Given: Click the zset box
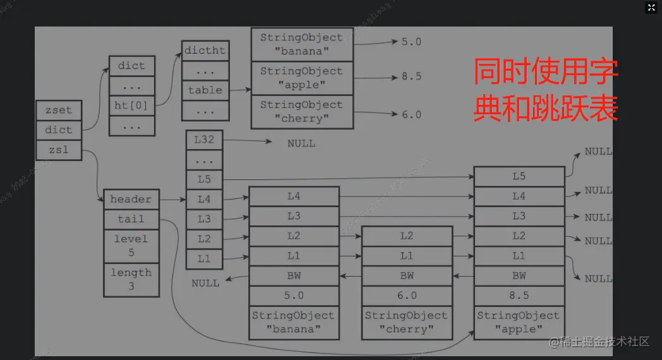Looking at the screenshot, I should pos(58,110).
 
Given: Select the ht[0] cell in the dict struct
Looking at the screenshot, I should pos(131,105).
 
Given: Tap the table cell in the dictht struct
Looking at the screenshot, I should pos(205,90).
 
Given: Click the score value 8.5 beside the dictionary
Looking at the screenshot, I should pos(411,76).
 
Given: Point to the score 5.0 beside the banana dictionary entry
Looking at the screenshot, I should pos(411,42).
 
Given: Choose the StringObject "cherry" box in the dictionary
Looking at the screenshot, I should pos(301,112).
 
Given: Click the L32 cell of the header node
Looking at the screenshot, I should pos(204,140).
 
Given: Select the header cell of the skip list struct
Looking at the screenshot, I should pos(131,200).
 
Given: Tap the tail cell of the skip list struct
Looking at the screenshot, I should pos(131,219).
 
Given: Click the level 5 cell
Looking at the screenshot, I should pos(131,246).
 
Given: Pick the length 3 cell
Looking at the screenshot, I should pos(131,279).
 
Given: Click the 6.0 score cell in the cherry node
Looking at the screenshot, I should pos(407,295).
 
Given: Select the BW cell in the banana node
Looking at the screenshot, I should pos(294,276).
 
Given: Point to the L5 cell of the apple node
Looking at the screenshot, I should pos(519,177).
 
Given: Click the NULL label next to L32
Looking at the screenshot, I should pos(301,143).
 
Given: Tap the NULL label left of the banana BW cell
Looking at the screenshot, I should pos(206,283).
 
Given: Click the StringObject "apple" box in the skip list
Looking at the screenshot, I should pos(519,322).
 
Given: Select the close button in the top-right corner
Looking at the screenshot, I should pos(651,8).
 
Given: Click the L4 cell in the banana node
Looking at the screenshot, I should pos(294,196).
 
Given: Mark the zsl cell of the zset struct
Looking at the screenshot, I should pos(58,150).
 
